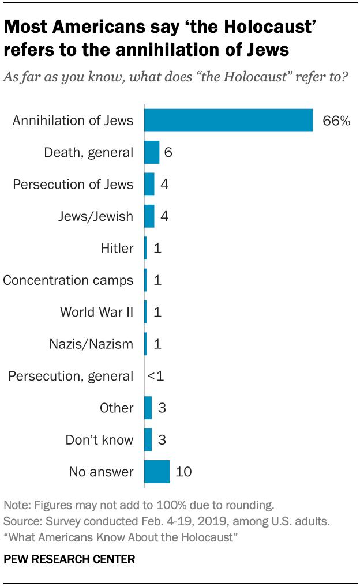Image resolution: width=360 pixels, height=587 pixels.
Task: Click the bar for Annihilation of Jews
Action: point(228,121)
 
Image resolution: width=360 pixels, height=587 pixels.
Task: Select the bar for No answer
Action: point(156,472)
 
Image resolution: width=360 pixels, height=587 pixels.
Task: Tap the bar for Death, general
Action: point(151,152)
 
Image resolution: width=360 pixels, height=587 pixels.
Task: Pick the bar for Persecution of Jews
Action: point(149,185)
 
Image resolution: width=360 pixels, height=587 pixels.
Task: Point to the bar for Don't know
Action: point(148,440)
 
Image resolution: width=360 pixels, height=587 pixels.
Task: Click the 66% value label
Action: point(336,121)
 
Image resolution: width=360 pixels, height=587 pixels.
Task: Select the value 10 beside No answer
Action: point(183,472)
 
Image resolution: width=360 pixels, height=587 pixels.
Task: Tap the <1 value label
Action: point(155,376)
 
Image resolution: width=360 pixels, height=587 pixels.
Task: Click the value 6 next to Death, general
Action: point(168,152)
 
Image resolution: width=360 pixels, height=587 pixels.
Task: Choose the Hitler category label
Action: point(117,249)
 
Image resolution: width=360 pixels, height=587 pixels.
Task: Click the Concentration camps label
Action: point(68,280)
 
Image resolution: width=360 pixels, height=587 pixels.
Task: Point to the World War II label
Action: point(96,312)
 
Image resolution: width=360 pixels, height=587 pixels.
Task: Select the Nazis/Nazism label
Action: point(92,344)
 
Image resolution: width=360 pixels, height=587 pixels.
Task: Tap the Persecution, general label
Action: point(70,376)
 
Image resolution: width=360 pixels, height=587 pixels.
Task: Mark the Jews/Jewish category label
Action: point(96,216)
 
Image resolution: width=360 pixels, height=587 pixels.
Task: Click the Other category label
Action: point(117,408)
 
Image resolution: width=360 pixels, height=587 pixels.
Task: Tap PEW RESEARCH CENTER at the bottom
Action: point(69,559)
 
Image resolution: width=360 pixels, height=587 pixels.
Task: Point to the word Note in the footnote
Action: point(15,505)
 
